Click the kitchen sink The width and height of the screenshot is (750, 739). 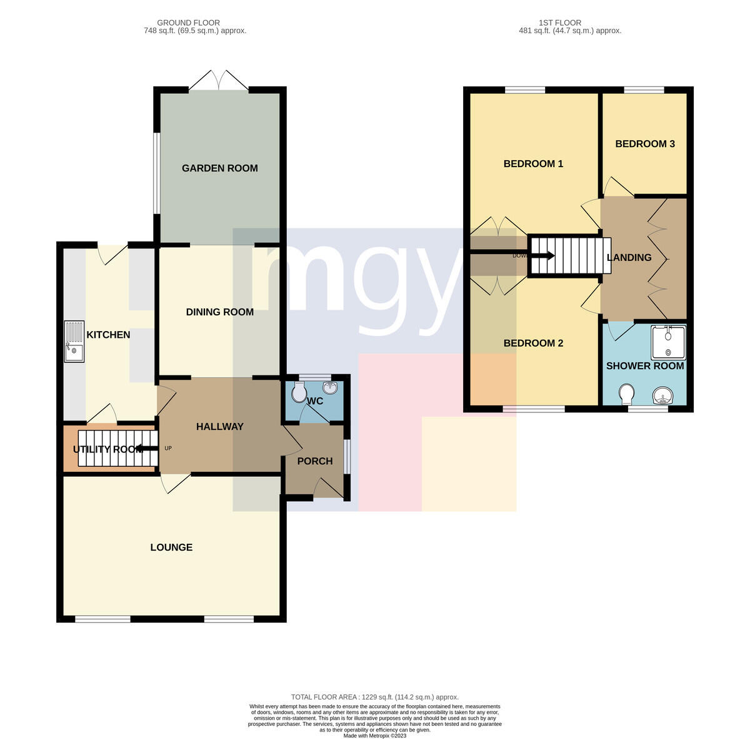tap(74, 341)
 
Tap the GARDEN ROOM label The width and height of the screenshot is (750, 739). tap(219, 168)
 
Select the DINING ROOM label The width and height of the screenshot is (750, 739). tap(219, 312)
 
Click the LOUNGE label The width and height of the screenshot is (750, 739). tap(171, 548)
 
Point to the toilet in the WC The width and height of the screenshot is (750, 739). tap(299, 391)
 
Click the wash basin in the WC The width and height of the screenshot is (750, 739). tap(331, 388)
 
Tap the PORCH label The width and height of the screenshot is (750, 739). tap(315, 461)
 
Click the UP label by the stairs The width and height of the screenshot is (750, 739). tap(168, 448)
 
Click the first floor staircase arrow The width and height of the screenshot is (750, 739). tap(541, 256)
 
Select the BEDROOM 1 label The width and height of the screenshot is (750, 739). tap(533, 164)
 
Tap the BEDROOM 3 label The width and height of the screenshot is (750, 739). tap(645, 144)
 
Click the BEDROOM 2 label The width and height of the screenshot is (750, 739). tap(533, 343)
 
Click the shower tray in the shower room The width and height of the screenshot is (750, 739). tap(668, 343)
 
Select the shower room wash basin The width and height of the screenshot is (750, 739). tap(662, 396)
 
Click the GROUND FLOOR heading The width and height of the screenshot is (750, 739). tap(188, 23)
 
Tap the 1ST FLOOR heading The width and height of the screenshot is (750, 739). tap(559, 23)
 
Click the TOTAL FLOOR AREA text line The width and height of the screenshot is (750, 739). tap(375, 697)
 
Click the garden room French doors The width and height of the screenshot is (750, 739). tap(219, 81)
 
